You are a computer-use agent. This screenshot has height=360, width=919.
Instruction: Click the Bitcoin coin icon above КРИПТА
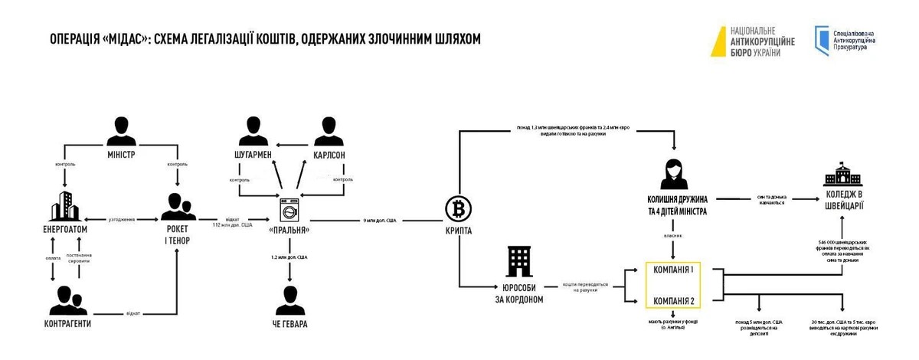[458, 208]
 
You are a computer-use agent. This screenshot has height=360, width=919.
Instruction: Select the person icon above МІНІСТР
[121, 133]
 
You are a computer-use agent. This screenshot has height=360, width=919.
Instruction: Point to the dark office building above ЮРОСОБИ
[519, 263]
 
